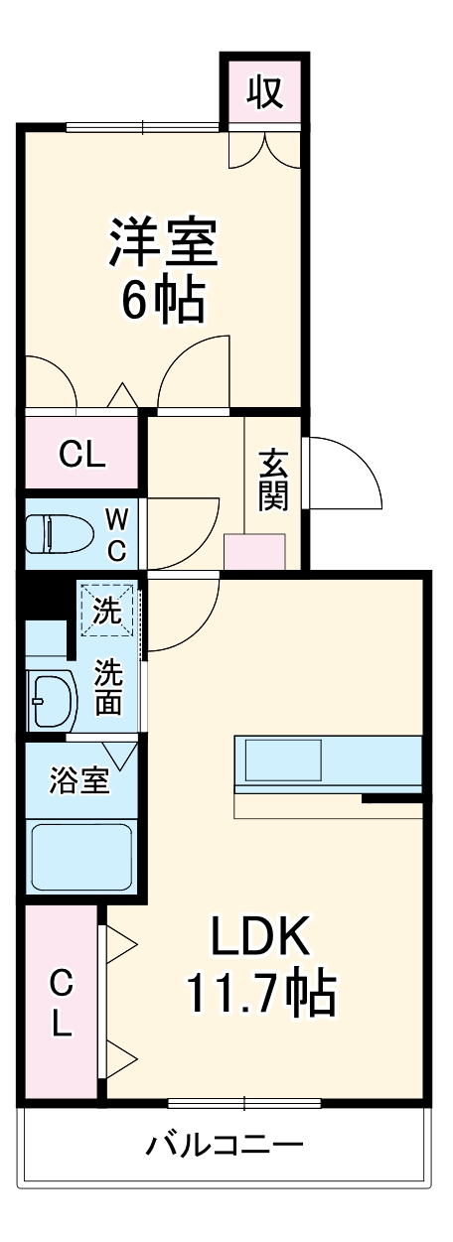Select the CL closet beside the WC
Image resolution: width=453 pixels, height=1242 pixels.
click(x=81, y=454)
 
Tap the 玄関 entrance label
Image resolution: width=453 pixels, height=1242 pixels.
click(x=273, y=481)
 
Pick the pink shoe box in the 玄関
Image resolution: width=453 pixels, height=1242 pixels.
click(x=254, y=551)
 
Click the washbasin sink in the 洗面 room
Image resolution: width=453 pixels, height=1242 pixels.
click(x=52, y=700)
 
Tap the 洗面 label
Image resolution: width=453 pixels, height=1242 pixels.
click(x=108, y=687)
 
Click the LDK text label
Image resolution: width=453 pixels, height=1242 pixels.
click(x=260, y=933)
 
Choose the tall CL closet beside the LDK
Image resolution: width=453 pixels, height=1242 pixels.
click(x=62, y=1003)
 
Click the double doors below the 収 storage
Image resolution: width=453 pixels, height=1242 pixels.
click(x=264, y=149)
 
